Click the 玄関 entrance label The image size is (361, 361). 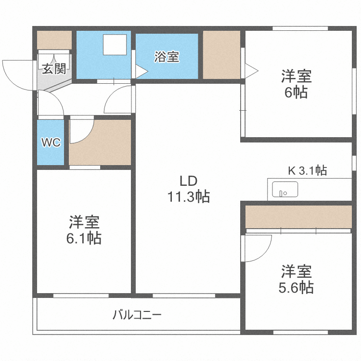coord(53,69)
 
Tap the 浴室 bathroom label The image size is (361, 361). coord(167,57)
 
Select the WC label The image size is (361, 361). coord(51,143)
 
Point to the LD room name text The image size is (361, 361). coord(188,181)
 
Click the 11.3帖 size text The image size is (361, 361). coord(188,197)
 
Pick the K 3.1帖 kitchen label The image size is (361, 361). coord(307,170)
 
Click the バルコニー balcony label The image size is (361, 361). coord(137,316)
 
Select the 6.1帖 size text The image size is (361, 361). coord(84,238)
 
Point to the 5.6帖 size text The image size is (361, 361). coord(297,288)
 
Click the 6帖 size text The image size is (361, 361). coord(296,92)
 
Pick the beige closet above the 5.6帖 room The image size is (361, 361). coord(298,217)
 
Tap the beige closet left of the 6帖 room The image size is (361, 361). coord(221,54)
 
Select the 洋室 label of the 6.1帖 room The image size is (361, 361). coord(84,222)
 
